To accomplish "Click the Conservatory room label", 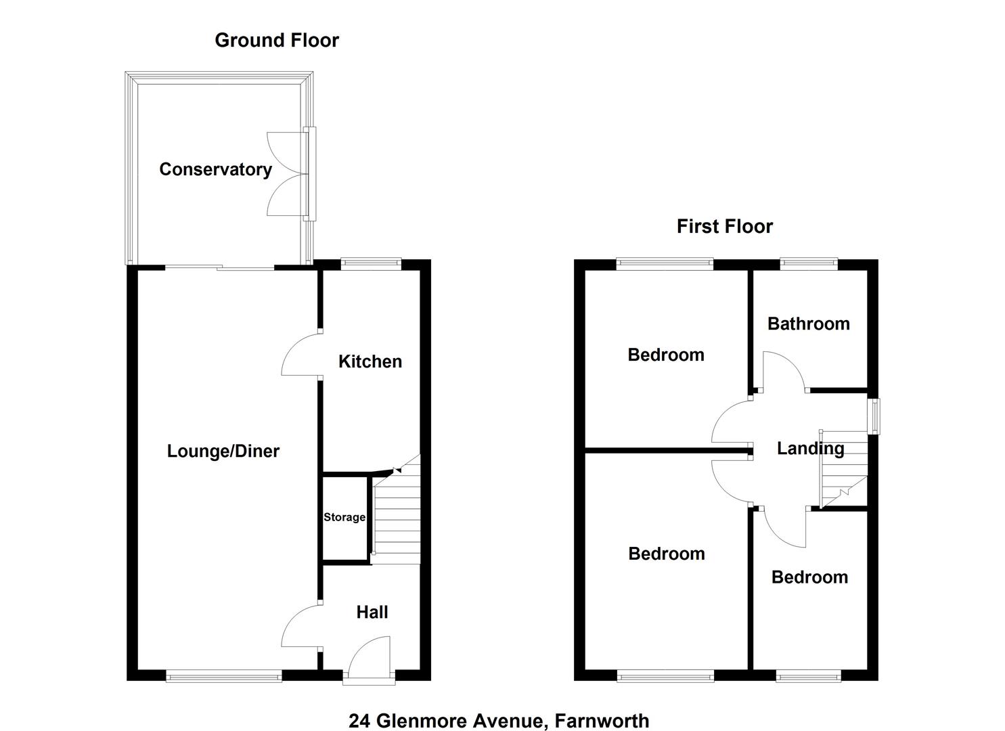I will (x=215, y=169).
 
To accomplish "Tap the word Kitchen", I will (x=370, y=361).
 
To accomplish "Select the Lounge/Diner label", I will (x=223, y=451).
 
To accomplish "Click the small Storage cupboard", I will (x=344, y=518).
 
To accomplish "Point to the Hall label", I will (x=372, y=612).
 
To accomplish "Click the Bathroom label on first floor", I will (x=808, y=324).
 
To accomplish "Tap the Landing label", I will (x=810, y=448).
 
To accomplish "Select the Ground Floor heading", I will (x=276, y=40).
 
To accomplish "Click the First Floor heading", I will (x=724, y=226).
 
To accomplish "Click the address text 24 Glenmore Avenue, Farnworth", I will (x=499, y=721).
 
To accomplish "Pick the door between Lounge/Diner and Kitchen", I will (x=300, y=354).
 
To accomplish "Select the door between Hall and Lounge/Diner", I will (x=300, y=626).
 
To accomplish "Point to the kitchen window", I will (x=370, y=263).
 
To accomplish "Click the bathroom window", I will (x=809, y=263).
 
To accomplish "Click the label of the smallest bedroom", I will (x=809, y=577).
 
